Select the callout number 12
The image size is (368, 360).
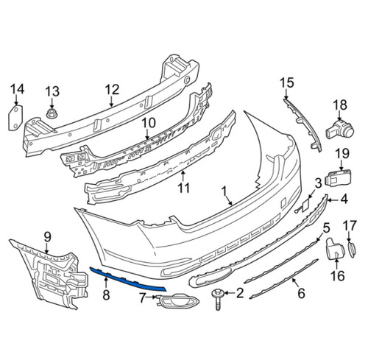tap(111, 90)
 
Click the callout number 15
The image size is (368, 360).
tap(286, 83)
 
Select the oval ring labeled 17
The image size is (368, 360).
tap(351, 248)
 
